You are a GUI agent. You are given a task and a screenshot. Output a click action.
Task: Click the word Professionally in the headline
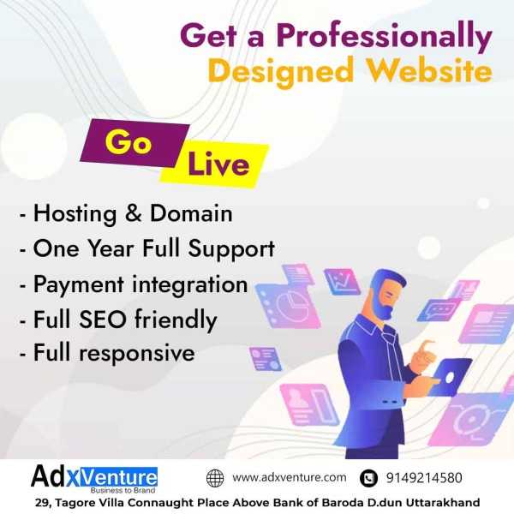(x=384, y=37)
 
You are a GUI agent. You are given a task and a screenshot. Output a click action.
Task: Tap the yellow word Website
(x=429, y=70)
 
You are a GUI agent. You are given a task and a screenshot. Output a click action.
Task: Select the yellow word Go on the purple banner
(x=128, y=141)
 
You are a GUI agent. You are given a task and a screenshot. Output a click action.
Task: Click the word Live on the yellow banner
(x=218, y=164)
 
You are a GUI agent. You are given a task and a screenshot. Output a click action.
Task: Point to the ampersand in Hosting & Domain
(x=134, y=213)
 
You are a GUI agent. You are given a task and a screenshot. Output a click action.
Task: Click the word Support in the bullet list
(x=231, y=250)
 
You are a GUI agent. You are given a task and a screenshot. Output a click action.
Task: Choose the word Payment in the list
(x=79, y=285)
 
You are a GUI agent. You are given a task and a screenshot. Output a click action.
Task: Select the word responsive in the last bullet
(x=137, y=354)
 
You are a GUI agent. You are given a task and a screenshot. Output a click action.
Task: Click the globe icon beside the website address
(x=215, y=478)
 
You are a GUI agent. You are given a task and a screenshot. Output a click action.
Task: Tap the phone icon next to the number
(x=368, y=478)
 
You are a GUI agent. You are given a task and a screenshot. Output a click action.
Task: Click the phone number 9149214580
(x=424, y=478)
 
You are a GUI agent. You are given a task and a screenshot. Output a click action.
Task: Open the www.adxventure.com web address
(x=290, y=477)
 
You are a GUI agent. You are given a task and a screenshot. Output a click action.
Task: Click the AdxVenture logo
(x=94, y=479)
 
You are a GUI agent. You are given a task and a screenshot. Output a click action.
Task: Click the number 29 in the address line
(x=42, y=503)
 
